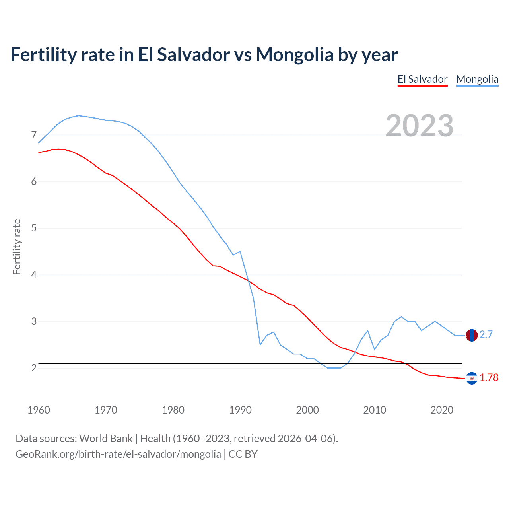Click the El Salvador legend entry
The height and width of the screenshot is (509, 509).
pyautogui.click(x=422, y=79)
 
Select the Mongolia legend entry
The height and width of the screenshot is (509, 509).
pyautogui.click(x=477, y=79)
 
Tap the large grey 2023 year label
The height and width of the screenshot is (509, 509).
pyautogui.click(x=420, y=126)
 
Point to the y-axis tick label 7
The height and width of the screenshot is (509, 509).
pyautogui.click(x=34, y=135)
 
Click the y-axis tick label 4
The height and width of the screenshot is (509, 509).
pyautogui.click(x=34, y=275)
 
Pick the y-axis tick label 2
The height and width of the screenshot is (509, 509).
pyautogui.click(x=34, y=368)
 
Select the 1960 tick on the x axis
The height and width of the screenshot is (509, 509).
pyautogui.click(x=39, y=410)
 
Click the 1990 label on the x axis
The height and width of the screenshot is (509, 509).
pyautogui.click(x=240, y=410)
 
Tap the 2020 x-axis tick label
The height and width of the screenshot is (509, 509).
pyautogui.click(x=442, y=410)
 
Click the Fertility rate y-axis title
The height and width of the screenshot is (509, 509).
pyautogui.click(x=17, y=247)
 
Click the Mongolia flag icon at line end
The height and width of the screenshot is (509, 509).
pyautogui.click(x=471, y=335)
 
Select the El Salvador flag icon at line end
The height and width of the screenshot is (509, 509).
pyautogui.click(x=471, y=378)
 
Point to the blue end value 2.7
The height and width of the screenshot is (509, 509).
pyautogui.click(x=486, y=335)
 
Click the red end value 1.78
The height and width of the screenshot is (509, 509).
pyautogui.click(x=489, y=378)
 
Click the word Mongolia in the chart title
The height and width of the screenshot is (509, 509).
pyautogui.click(x=294, y=55)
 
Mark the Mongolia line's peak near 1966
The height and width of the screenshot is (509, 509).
pyautogui.click(x=79, y=115)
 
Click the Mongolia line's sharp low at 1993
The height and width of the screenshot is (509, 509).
pyautogui.click(x=260, y=344)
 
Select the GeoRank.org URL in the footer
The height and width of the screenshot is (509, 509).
pyautogui.click(x=118, y=454)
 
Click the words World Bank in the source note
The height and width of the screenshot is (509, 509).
pyautogui.click(x=106, y=439)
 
